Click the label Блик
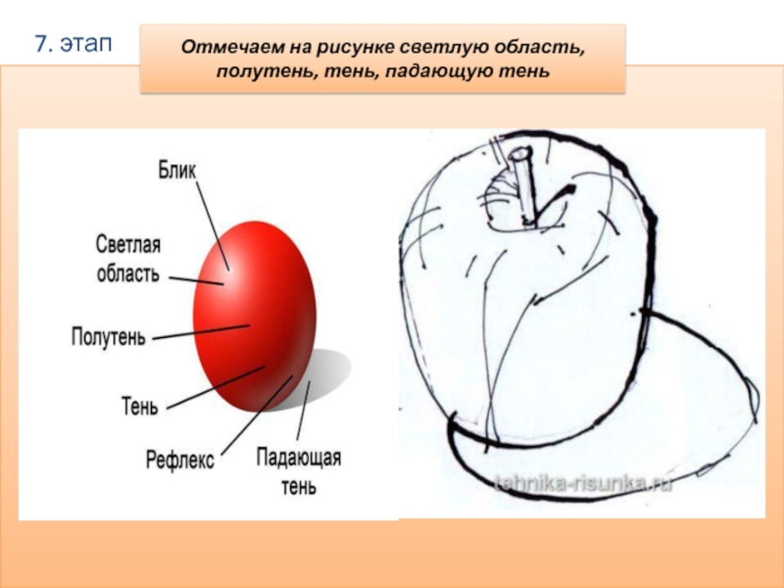pos(177,170)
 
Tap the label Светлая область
pos(128,259)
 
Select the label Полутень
pos(109,336)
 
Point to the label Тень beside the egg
pos(140,406)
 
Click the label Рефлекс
pos(180,460)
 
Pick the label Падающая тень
pos(299,471)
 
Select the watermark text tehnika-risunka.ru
pos(583,483)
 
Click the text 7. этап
pos(73,44)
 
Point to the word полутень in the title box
pos(268,72)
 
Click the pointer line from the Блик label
pos(213,226)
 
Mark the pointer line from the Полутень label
pos(201,332)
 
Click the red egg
pos(255,317)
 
